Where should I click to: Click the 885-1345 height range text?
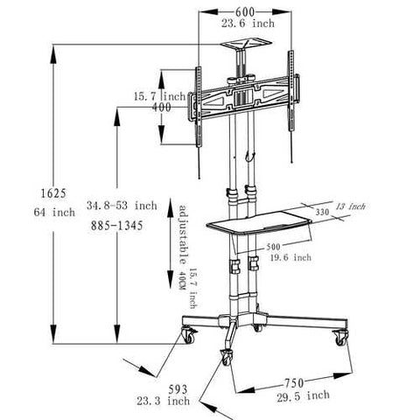click(114, 226)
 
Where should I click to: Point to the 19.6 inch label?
click(290, 259)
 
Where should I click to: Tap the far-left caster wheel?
click(187, 333)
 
